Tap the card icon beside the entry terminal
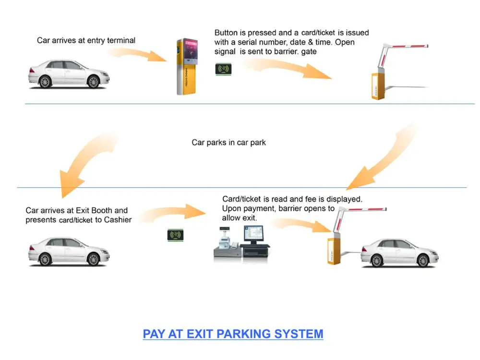[x=223, y=69]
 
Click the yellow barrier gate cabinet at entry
[x=378, y=85]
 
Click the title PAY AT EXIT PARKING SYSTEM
[x=233, y=334]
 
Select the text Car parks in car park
[x=228, y=143]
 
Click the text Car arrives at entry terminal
[x=86, y=41]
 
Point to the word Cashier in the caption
[x=118, y=220]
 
